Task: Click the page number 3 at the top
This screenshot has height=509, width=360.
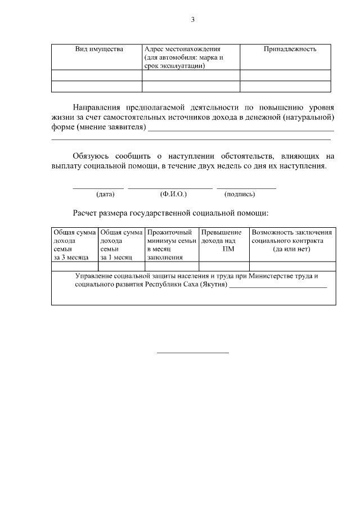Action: pyautogui.click(x=192, y=20)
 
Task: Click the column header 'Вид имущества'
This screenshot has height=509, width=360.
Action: pyautogui.click(x=99, y=49)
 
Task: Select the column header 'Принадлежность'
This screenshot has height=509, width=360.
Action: pyautogui.click(x=290, y=49)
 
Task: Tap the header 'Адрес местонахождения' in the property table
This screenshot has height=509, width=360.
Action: pyautogui.click(x=182, y=49)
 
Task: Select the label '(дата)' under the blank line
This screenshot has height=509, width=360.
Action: pyautogui.click(x=105, y=194)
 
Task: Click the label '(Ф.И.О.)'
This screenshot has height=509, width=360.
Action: pyautogui.click(x=173, y=194)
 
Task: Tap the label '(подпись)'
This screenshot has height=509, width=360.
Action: pyautogui.click(x=240, y=194)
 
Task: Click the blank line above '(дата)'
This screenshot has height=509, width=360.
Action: pyautogui.click(x=98, y=188)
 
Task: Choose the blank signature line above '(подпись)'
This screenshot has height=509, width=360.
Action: pyautogui.click(x=246, y=188)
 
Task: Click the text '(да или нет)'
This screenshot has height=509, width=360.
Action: pyautogui.click(x=291, y=249)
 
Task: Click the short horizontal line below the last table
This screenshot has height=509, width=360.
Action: pyautogui.click(x=192, y=353)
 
